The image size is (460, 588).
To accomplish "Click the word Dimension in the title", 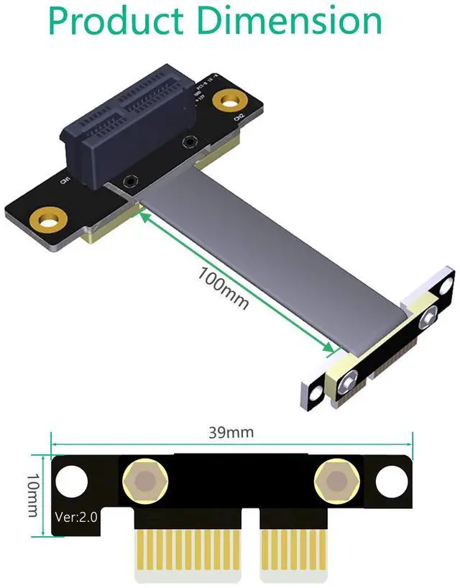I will (291, 21).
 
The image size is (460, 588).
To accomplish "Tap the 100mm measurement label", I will (224, 287).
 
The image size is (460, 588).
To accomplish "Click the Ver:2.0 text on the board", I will (75, 516).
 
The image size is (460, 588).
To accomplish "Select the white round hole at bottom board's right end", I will (390, 479).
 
